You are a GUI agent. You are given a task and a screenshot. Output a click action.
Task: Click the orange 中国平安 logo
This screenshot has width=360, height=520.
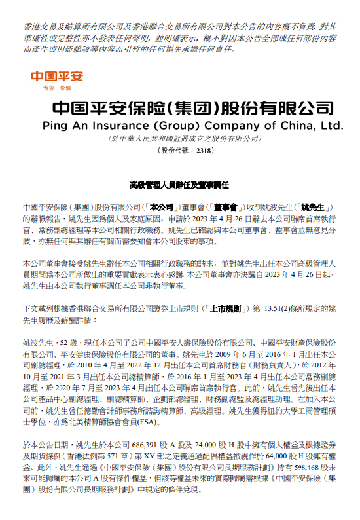(58, 76)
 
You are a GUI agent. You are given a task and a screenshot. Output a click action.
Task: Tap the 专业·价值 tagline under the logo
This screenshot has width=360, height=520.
(57, 87)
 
